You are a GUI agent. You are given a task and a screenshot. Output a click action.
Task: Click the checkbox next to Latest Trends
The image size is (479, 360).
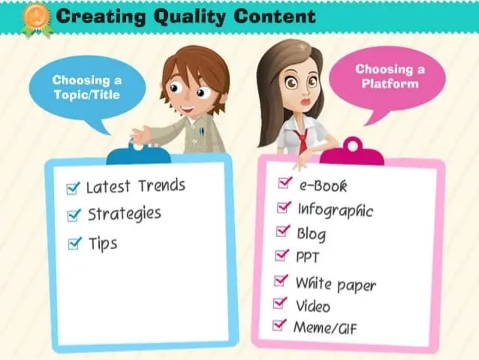pos(73,189)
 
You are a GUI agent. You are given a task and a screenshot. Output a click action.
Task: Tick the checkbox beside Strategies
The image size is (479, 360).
pos(74,216)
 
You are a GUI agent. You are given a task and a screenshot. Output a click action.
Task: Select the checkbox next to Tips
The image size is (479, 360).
pos(75,244)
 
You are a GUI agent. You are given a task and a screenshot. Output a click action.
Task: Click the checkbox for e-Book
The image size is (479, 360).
pos(285,183)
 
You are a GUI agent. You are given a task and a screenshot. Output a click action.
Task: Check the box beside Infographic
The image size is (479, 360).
pos(284,207)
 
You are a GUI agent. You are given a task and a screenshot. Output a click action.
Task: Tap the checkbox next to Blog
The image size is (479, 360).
pos(282,231)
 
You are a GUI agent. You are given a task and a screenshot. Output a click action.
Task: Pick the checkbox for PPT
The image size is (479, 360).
pos(282,255)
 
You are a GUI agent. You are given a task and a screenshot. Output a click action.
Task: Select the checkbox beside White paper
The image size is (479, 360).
pos(281,280)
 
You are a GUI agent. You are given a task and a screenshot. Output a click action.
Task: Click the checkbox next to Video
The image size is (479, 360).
pos(280,303)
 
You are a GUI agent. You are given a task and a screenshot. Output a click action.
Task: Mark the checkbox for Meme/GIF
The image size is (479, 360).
pos(279,325)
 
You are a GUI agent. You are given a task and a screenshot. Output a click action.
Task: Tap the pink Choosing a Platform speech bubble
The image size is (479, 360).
pos(387,80)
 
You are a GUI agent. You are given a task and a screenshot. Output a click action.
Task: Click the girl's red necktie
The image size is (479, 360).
pos(302,140)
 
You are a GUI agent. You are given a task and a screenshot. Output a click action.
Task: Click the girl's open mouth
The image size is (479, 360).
pos(305,102)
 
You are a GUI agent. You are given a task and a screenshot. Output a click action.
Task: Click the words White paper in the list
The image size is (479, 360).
pos(336,284)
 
